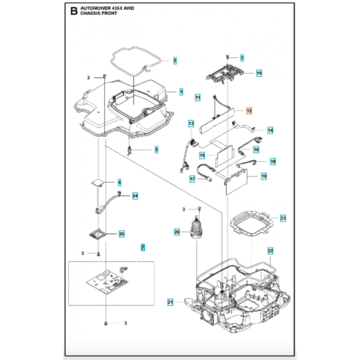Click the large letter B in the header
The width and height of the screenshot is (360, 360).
[74, 11]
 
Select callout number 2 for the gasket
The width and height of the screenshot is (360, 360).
[175, 60]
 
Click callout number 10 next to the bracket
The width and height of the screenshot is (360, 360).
[259, 72]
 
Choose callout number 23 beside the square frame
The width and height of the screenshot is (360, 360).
[283, 218]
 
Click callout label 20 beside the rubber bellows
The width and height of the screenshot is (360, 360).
[177, 232]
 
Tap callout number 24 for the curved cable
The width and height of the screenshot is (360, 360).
[135, 196]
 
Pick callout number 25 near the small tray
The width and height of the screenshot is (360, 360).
[121, 234]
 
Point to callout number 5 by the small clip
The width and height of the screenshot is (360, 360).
[156, 149]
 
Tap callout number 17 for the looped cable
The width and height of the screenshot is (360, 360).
[192, 179]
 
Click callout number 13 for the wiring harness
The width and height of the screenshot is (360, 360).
[191, 123]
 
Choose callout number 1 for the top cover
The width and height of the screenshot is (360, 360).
[181, 91]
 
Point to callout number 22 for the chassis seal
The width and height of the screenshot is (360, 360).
[270, 250]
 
